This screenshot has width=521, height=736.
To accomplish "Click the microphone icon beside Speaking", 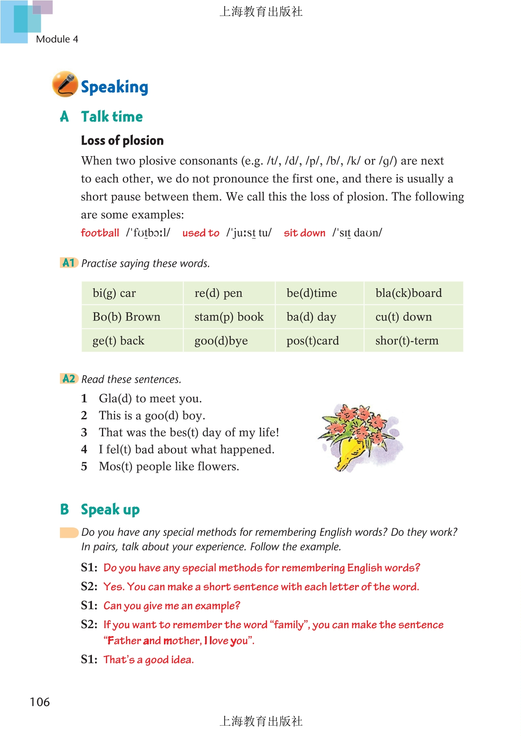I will [65, 84].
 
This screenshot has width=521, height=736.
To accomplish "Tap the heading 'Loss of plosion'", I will [122, 141].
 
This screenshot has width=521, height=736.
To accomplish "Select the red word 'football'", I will [100, 233].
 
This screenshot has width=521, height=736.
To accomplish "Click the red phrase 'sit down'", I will [304, 233].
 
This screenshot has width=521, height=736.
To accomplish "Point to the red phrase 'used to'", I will [201, 233].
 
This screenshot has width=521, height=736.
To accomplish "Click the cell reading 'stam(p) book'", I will [229, 317].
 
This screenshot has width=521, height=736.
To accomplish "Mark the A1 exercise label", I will [69, 263].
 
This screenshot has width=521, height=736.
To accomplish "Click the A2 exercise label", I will [69, 378].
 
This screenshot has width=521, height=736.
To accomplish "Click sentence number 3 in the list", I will [84, 432].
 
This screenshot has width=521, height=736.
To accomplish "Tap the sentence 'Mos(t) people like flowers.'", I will [169, 467].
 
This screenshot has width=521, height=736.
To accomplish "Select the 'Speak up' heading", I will [110, 510].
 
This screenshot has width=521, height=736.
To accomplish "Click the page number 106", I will [40, 702].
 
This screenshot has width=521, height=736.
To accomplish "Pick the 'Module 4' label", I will [57, 39].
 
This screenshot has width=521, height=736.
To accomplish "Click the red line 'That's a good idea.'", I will [148, 660].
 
